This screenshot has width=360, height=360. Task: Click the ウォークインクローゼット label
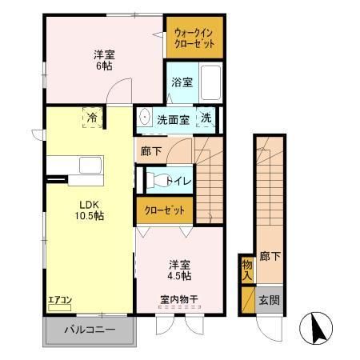[194, 38]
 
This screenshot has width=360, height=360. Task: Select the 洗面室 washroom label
[173, 118]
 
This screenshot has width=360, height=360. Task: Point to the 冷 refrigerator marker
[92, 117]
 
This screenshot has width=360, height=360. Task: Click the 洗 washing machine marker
[206, 118]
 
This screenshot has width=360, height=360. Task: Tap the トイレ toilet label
[178, 181]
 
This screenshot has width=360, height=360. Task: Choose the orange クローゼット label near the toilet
[165, 210]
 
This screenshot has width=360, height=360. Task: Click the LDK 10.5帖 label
[88, 210]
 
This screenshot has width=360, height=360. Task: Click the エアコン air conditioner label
[59, 300]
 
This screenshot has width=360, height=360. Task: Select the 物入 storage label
[247, 270]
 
